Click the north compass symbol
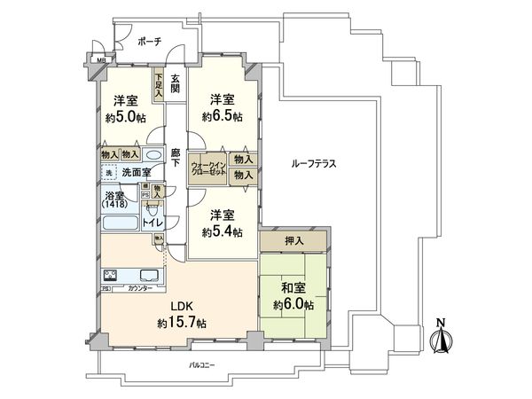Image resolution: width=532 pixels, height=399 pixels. point(440,339)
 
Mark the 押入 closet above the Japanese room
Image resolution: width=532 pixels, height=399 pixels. point(293,239)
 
